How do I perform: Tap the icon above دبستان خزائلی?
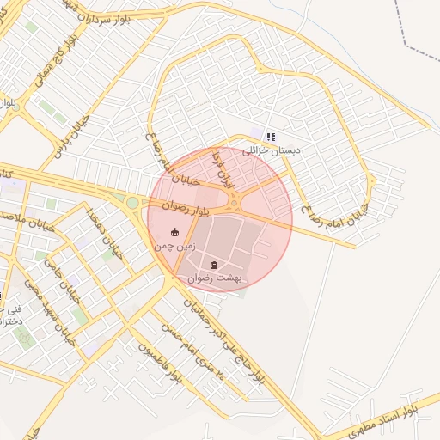[x=271, y=136]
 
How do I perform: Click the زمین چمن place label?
[x=175, y=246]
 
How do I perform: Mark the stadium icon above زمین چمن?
[x=175, y=232]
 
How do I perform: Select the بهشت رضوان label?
[x=215, y=278]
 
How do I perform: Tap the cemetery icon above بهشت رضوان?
[x=214, y=265]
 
